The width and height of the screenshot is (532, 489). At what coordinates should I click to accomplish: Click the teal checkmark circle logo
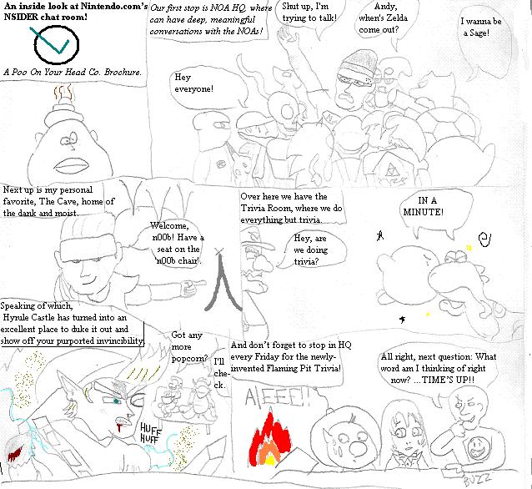pyautogui.click(x=56, y=45)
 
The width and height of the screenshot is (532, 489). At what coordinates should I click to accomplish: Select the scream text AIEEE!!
pyautogui.click(x=277, y=397)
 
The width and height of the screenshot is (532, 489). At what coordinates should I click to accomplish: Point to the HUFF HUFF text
pyautogui.click(x=150, y=433)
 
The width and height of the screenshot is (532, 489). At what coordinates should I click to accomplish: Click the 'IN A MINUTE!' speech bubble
pyautogui.click(x=435, y=213)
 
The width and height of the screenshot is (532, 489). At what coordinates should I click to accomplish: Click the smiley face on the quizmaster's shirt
pyautogui.click(x=479, y=447)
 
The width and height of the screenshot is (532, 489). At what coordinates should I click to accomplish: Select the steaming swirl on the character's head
pyautogui.click(x=63, y=93)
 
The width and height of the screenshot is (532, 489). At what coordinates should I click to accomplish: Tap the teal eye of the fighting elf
pyautogui.click(x=117, y=401)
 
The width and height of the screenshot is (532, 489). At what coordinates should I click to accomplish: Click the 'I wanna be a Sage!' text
pyautogui.click(x=480, y=28)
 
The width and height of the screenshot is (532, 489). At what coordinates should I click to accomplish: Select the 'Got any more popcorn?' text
pyautogui.click(x=188, y=346)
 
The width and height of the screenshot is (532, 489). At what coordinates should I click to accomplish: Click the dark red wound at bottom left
pyautogui.click(x=14, y=454)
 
